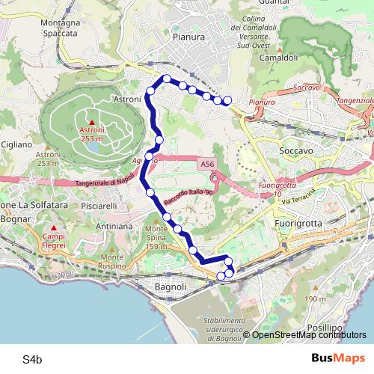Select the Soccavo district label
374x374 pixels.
click(295, 150)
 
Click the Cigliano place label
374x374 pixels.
click(16, 144)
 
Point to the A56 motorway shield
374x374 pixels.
click(207, 163)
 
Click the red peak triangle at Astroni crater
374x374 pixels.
click(91, 122)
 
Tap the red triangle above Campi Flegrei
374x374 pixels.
click(54, 227)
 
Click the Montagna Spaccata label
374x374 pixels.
click(61, 28)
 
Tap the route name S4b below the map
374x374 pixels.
click(31, 360)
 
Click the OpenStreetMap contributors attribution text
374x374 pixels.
click(308, 334)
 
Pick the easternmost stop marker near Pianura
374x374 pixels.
click(227, 101)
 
